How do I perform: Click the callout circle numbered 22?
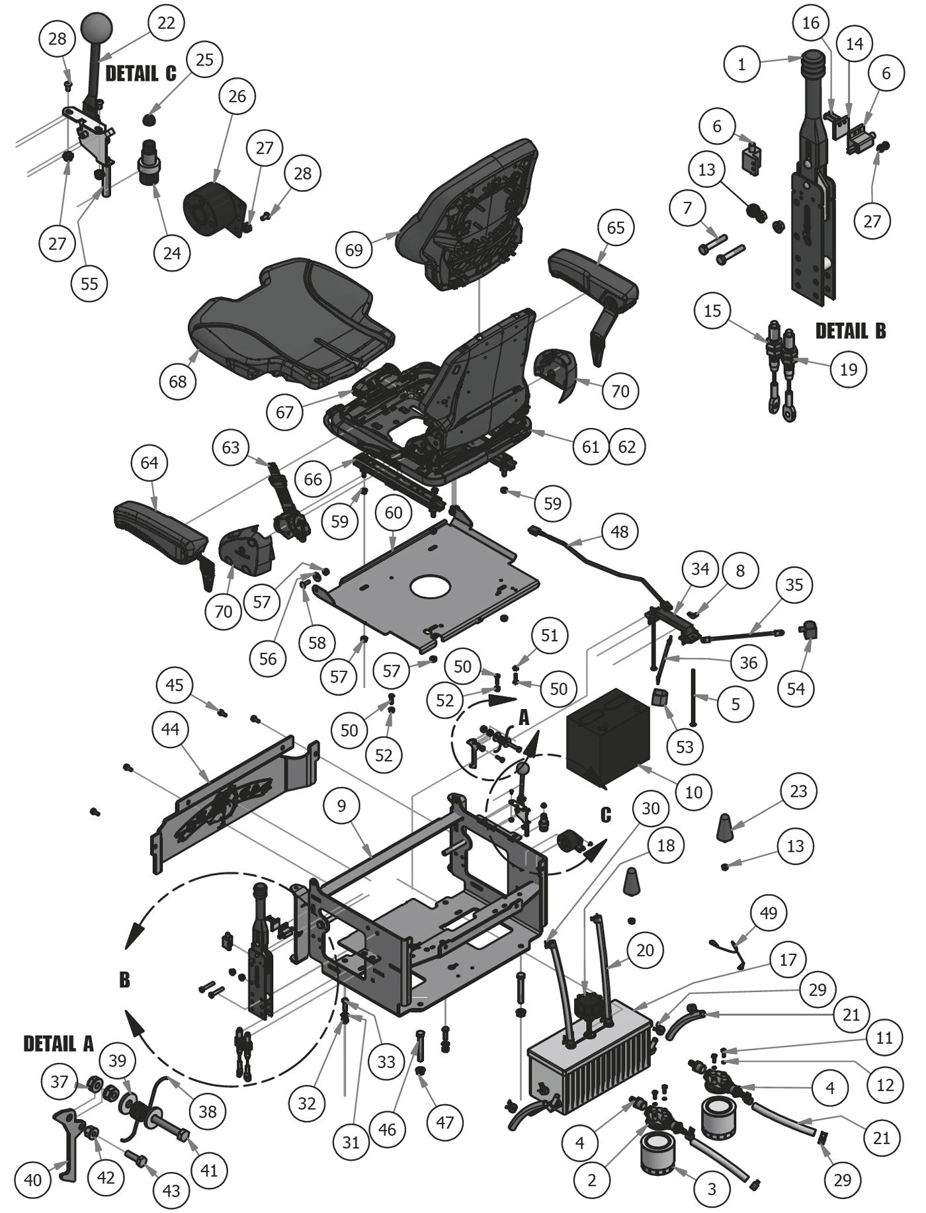click(x=166, y=22)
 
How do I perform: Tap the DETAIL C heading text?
click(x=141, y=73)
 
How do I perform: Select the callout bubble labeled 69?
click(x=354, y=249)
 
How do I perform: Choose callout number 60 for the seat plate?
click(x=394, y=513)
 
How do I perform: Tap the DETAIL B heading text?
click(x=850, y=331)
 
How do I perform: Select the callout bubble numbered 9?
click(x=341, y=806)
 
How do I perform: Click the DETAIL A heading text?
click(x=59, y=1044)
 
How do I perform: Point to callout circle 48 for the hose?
click(x=619, y=531)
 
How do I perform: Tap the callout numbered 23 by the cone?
click(x=798, y=791)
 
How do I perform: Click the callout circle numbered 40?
click(x=32, y=1180)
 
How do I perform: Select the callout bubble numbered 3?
click(x=712, y=1189)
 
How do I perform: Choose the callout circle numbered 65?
click(x=615, y=228)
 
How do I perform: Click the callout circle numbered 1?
click(x=741, y=64)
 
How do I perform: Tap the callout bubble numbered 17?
click(x=788, y=959)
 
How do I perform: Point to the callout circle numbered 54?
click(x=796, y=689)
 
